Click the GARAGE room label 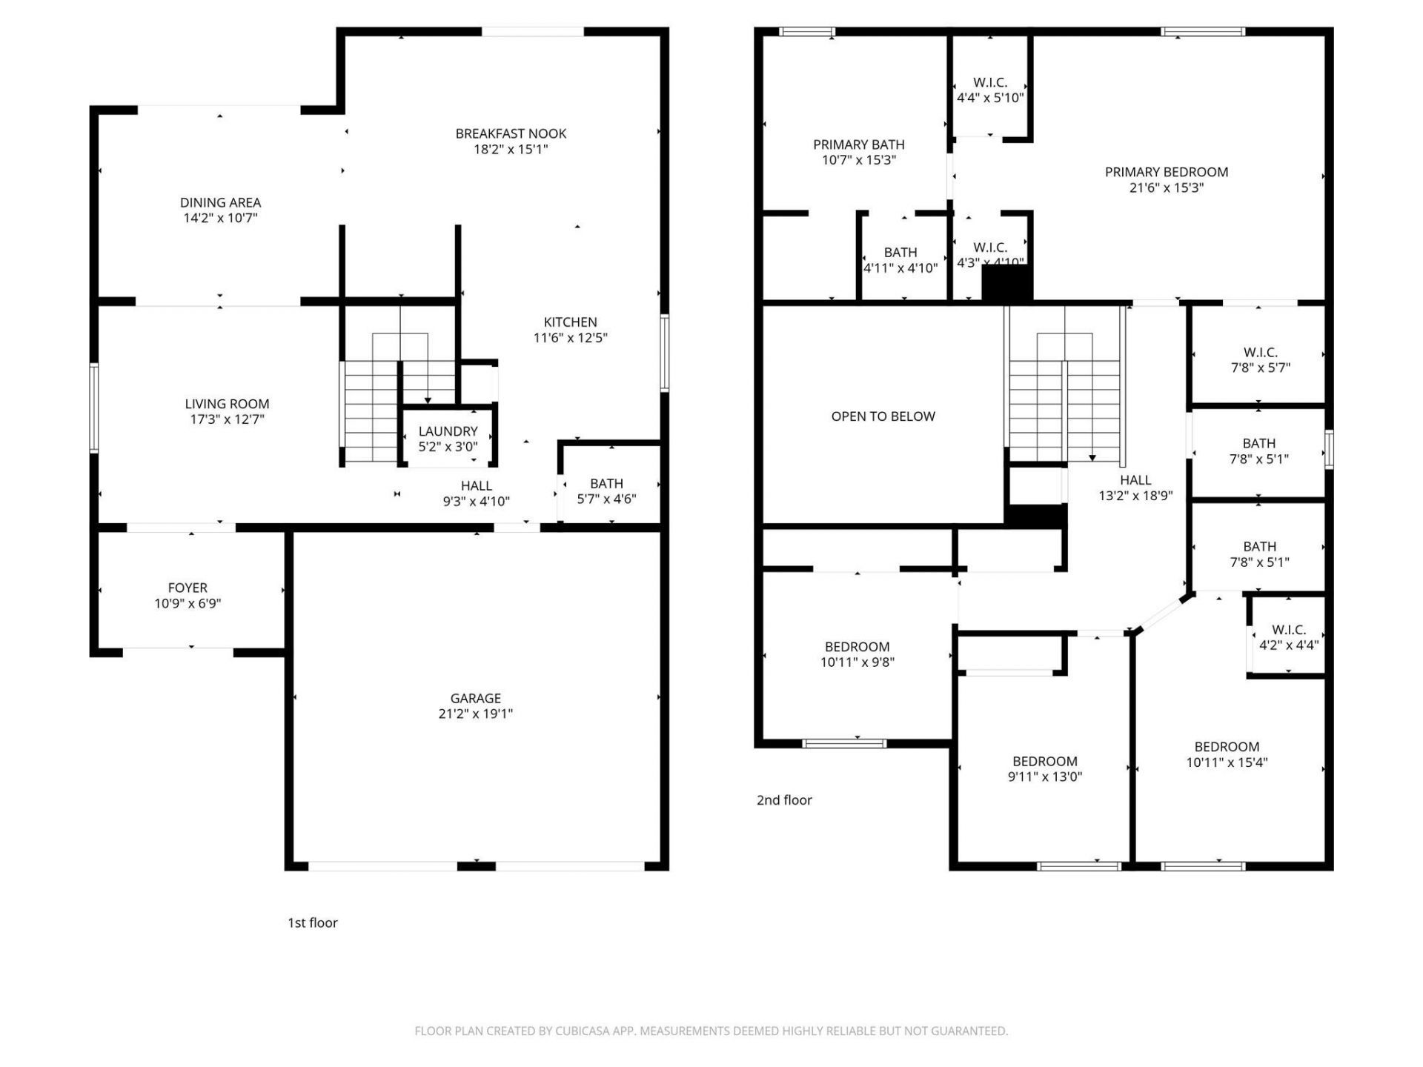pos(475,698)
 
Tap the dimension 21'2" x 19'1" pos(475,714)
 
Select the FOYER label pos(187,588)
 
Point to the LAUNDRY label pos(448,431)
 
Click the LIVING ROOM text pos(227,404)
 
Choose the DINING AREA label pos(220,202)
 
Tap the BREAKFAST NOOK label pos(511,133)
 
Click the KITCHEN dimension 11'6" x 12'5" pos(570,338)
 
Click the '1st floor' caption pos(312,923)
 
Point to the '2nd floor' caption pos(784,800)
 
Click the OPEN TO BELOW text pos(883,416)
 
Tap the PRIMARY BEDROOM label pos(1166,172)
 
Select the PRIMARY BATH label pos(858,144)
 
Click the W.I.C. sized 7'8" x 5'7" pos(1260,359)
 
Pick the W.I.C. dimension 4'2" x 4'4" pos(1288,645)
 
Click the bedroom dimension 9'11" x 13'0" pos(1044,777)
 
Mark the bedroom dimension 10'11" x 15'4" pos(1227,762)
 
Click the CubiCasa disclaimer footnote pos(711,1031)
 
